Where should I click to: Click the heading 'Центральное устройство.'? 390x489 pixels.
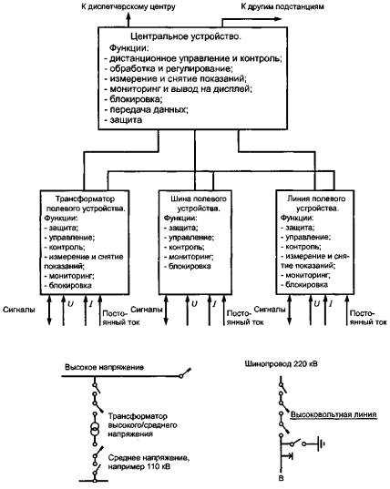(186, 36)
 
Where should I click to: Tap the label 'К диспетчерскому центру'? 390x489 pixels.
(128, 6)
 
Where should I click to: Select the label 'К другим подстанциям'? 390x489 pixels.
(282, 6)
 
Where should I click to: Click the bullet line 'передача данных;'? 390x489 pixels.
(146, 110)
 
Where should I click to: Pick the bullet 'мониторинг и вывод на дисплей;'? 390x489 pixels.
(179, 89)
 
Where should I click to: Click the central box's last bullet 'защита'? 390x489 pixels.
(123, 120)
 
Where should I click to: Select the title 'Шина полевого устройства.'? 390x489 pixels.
(199, 204)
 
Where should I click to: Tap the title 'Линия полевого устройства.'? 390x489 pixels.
(316, 203)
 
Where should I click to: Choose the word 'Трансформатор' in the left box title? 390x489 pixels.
(85, 199)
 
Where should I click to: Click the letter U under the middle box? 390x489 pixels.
(194, 303)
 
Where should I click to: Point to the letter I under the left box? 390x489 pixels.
(91, 303)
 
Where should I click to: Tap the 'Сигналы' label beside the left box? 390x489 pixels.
(19, 310)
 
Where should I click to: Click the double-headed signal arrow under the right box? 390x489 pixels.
(289, 310)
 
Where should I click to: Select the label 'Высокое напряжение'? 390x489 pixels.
(104, 367)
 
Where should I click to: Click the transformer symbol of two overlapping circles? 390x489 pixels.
(94, 430)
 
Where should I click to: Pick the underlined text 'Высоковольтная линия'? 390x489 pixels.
(334, 414)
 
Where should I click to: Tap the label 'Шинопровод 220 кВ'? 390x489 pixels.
(282, 363)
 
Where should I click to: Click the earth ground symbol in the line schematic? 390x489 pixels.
(321, 443)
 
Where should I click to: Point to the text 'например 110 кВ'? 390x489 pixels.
(139, 467)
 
